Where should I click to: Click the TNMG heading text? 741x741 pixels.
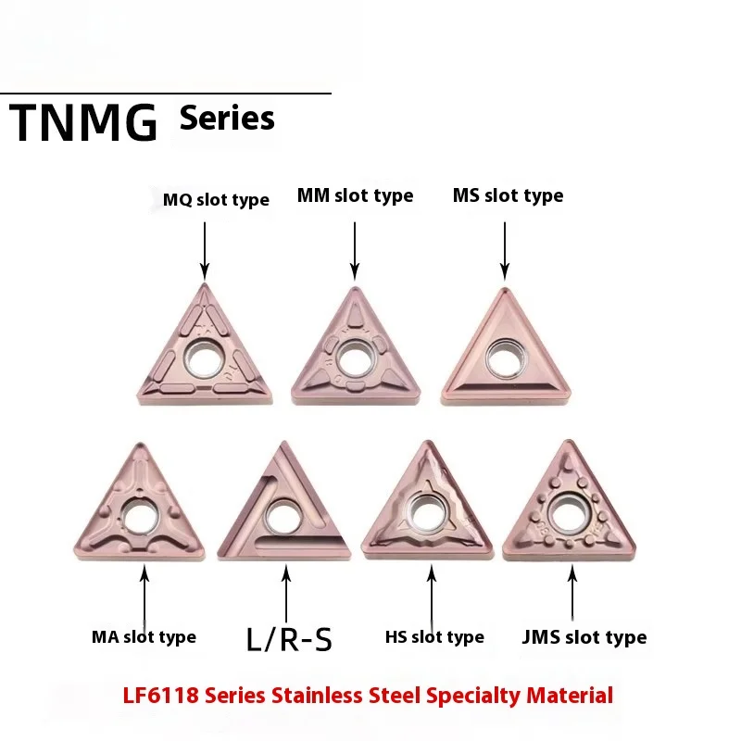click(x=83, y=124)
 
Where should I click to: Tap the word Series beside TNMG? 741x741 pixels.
click(x=227, y=118)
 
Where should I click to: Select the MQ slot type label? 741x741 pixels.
click(x=216, y=200)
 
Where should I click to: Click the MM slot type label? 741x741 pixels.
click(x=355, y=195)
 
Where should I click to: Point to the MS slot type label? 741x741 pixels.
click(x=508, y=195)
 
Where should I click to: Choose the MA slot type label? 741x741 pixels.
click(x=144, y=636)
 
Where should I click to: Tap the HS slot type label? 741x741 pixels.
click(x=434, y=636)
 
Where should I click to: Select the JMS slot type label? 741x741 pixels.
click(x=584, y=636)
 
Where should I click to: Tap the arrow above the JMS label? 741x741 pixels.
click(x=572, y=593)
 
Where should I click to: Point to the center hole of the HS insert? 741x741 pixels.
click(x=428, y=510)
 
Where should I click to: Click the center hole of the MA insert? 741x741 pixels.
click(x=141, y=517)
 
